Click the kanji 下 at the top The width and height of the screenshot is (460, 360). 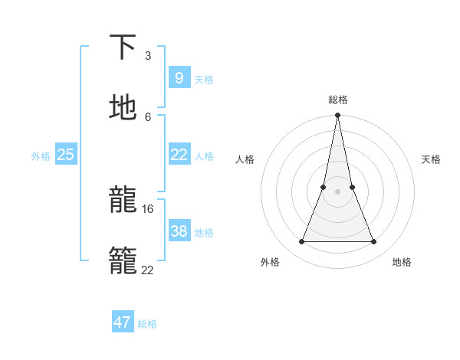(x=123, y=47)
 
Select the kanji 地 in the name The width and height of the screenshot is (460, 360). (x=123, y=107)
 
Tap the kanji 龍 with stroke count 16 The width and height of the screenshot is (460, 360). (x=123, y=201)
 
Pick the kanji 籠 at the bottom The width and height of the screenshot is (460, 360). (x=123, y=260)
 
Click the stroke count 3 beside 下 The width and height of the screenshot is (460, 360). (x=148, y=55)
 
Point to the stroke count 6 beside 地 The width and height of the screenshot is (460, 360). (x=148, y=116)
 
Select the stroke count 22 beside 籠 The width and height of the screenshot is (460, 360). (x=148, y=269)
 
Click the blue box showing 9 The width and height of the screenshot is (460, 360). (x=179, y=77)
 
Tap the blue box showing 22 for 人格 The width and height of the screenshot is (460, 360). (x=179, y=155)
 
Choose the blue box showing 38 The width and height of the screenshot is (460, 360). (x=179, y=231)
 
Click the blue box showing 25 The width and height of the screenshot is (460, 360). (x=65, y=155)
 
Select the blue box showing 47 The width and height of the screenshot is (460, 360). (x=123, y=322)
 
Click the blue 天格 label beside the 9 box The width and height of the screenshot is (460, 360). (x=204, y=79)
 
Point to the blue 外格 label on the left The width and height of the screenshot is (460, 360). (x=41, y=156)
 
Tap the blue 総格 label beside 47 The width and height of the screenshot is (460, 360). (x=148, y=324)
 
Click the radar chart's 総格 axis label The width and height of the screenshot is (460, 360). (x=338, y=100)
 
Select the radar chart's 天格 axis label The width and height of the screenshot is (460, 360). (x=432, y=159)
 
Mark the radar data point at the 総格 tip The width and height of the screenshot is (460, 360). (x=338, y=116)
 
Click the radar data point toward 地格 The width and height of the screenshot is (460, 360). (x=374, y=242)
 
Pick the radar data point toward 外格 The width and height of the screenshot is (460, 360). (x=301, y=242)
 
